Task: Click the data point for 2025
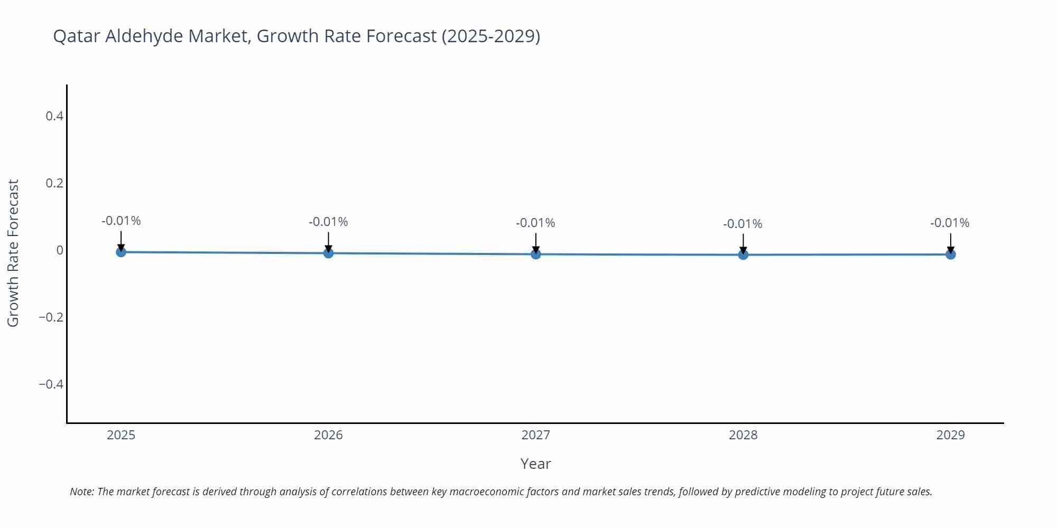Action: point(121,252)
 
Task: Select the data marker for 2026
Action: point(328,253)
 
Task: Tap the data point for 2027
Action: point(536,254)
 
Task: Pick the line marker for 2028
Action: point(743,254)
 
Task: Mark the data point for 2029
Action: point(950,254)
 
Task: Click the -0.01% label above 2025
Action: point(121,221)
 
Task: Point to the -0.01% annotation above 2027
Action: point(535,223)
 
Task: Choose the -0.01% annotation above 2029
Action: point(950,223)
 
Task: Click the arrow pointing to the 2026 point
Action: point(328,242)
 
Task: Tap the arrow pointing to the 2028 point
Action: point(743,244)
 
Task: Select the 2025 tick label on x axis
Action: point(121,435)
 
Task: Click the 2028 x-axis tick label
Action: point(743,435)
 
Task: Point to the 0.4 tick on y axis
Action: point(54,116)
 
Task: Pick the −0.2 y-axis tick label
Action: point(51,317)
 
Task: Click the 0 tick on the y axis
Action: point(60,250)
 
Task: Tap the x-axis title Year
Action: point(535,464)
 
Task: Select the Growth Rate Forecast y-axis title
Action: point(13,253)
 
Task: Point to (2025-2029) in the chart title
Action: point(490,36)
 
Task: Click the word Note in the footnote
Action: point(81,492)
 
